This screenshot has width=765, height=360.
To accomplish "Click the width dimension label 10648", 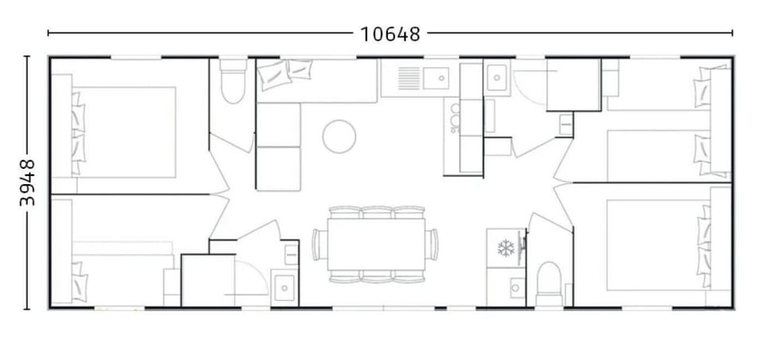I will tap(390, 33).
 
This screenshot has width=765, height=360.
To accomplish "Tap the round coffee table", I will tap(338, 136).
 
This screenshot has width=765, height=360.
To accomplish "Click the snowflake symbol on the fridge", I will tap(506, 248).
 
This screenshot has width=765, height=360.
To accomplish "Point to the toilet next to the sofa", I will tap(233, 86).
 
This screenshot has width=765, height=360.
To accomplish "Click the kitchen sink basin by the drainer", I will tap(437, 78).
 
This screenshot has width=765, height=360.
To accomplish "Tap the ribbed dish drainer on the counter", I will tap(408, 78).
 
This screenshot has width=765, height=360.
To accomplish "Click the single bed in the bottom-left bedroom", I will tap(120, 275).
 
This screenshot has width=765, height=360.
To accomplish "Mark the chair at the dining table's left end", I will tap(318, 243).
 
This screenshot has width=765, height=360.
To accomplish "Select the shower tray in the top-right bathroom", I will tap(571, 84).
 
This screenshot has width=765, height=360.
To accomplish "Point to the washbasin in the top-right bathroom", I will tap(498, 77).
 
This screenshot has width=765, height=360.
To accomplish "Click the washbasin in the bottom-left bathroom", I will tap(284, 285).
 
